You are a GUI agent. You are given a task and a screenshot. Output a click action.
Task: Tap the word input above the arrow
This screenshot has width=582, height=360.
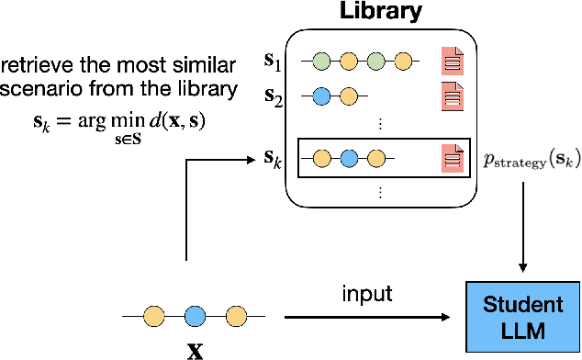pos(366,294)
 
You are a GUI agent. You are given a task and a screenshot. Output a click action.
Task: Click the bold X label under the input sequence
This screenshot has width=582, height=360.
pos(194,349)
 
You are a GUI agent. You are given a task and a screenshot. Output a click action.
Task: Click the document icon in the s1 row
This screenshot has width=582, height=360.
pos(452,62)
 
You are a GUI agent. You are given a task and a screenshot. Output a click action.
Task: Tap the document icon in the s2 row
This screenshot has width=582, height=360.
pos(452,95)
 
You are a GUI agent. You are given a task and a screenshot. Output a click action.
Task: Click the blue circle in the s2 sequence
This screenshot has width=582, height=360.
pos(321,96)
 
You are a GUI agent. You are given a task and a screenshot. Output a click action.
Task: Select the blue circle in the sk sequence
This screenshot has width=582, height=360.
pos(349,158)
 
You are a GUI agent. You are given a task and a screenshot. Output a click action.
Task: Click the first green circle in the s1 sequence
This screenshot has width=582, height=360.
pos(321,62)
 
